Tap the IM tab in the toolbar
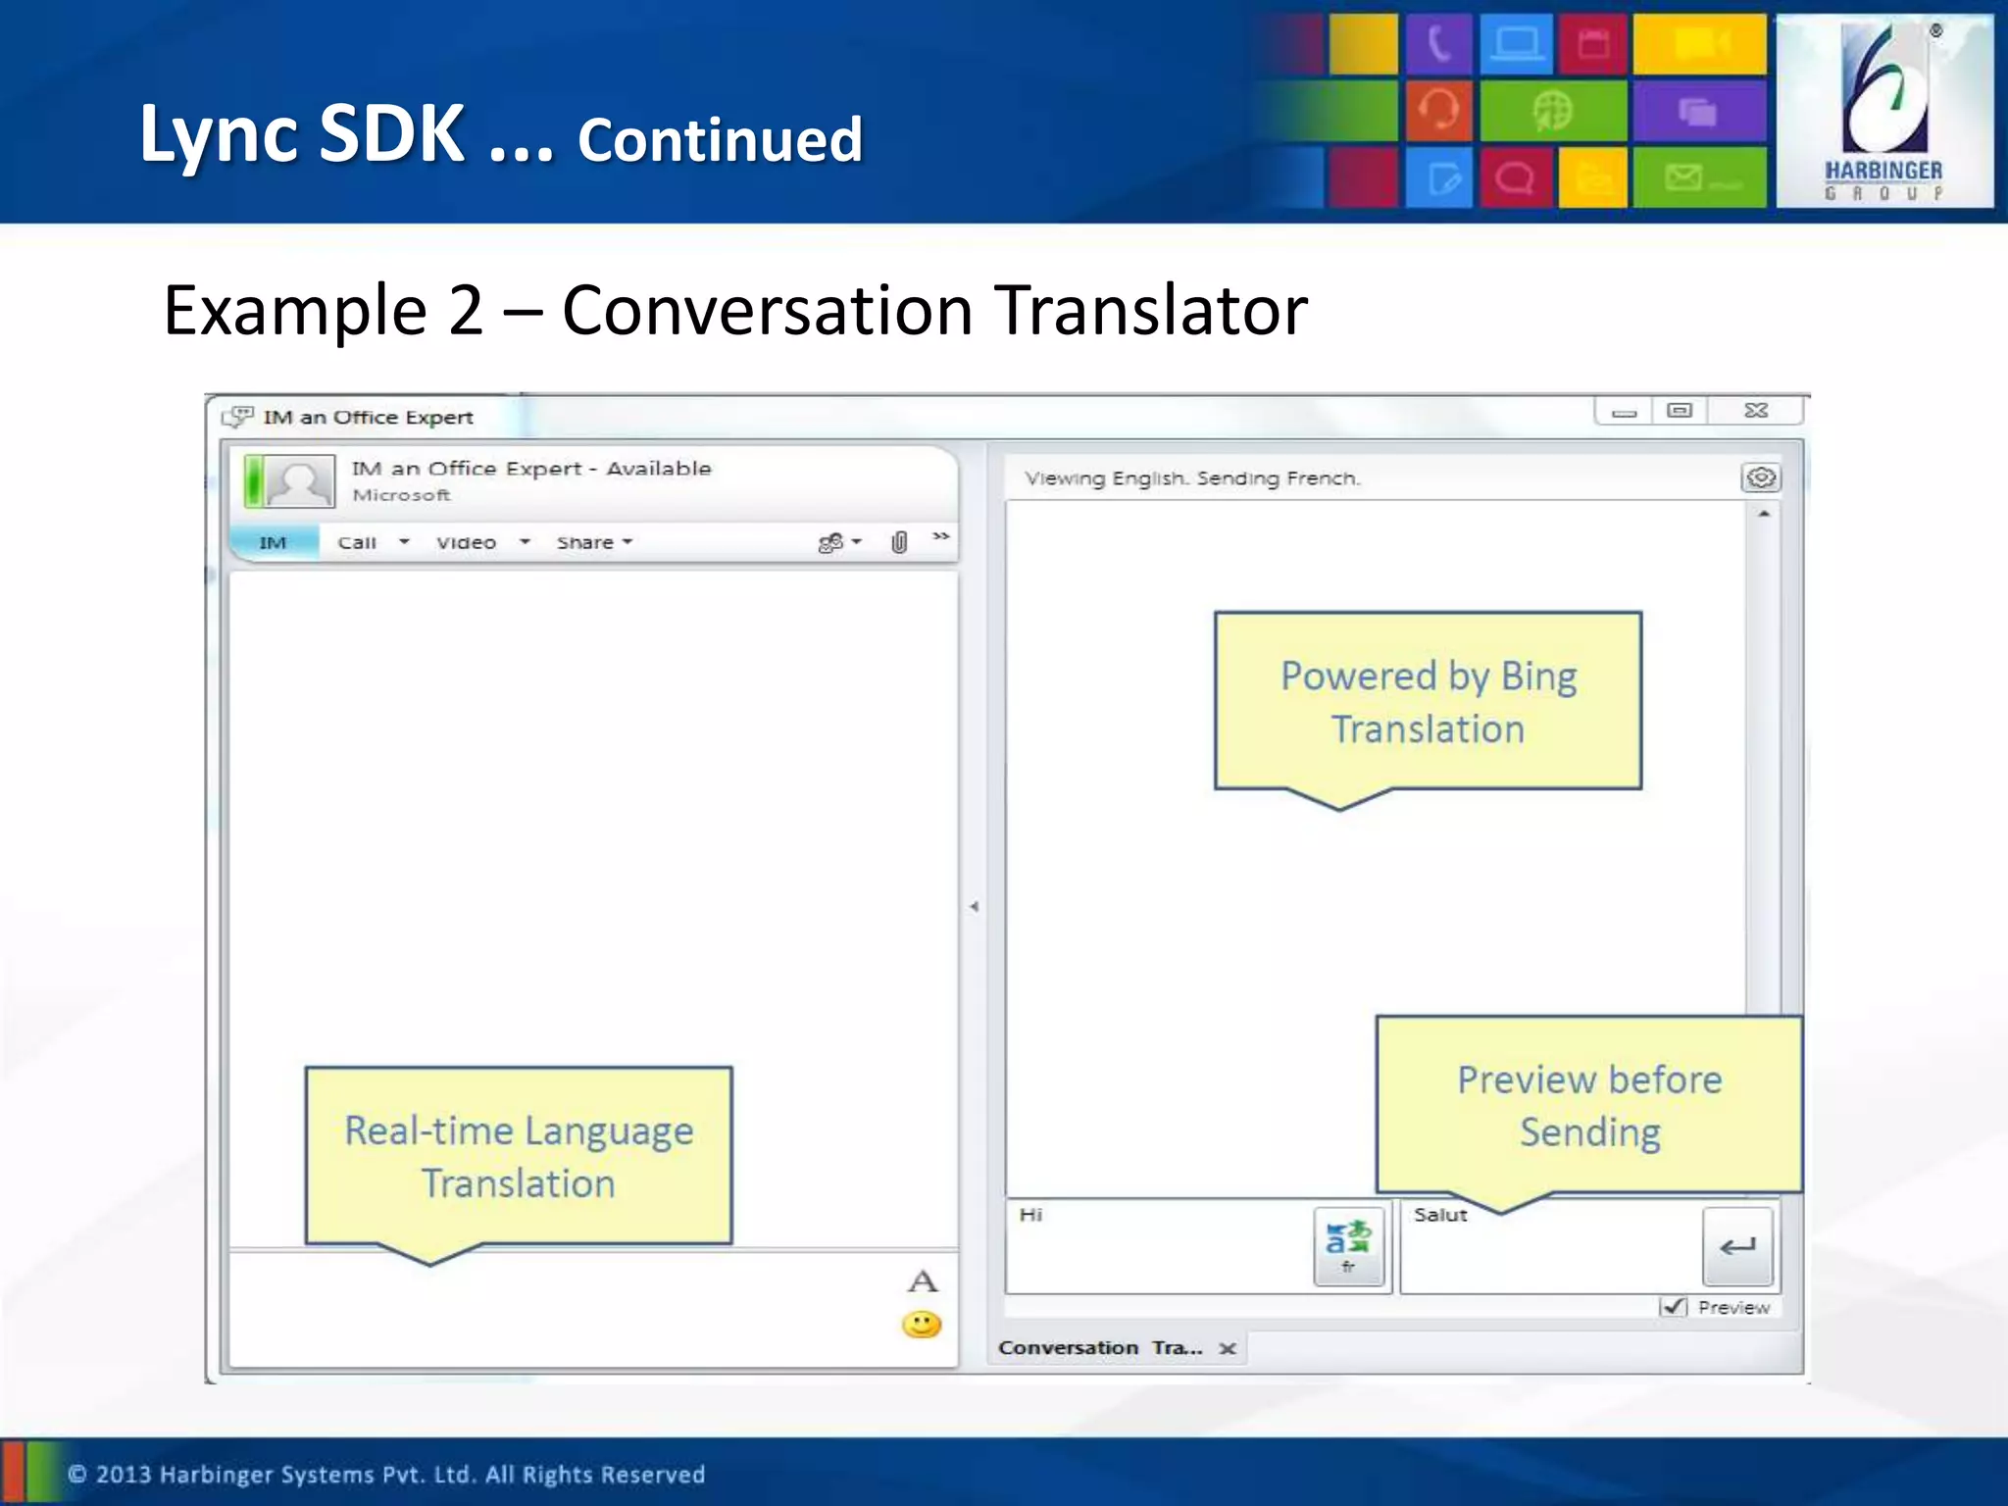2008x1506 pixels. pyautogui.click(x=273, y=542)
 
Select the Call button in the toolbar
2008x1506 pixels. pyautogui.click(x=357, y=542)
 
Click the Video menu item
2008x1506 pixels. pyautogui.click(x=467, y=542)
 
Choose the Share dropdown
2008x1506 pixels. pyautogui.click(x=593, y=542)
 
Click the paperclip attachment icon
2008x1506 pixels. pyautogui.click(x=898, y=542)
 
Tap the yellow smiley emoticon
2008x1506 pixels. pyautogui.click(x=921, y=1325)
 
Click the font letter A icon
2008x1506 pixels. pyautogui.click(x=922, y=1280)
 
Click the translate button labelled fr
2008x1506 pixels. pyautogui.click(x=1348, y=1245)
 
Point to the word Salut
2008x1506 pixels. pyautogui.click(x=1440, y=1215)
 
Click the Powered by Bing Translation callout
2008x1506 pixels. pyautogui.click(x=1428, y=702)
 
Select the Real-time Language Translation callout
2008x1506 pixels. pyautogui.click(x=519, y=1156)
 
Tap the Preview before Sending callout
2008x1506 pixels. pyautogui.click(x=1588, y=1105)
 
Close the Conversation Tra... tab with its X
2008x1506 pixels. pyautogui.click(x=1227, y=1348)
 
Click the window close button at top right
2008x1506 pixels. pyautogui.click(x=1755, y=411)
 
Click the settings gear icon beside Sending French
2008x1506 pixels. pyautogui.click(x=1761, y=477)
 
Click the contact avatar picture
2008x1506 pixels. pyautogui.click(x=298, y=481)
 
